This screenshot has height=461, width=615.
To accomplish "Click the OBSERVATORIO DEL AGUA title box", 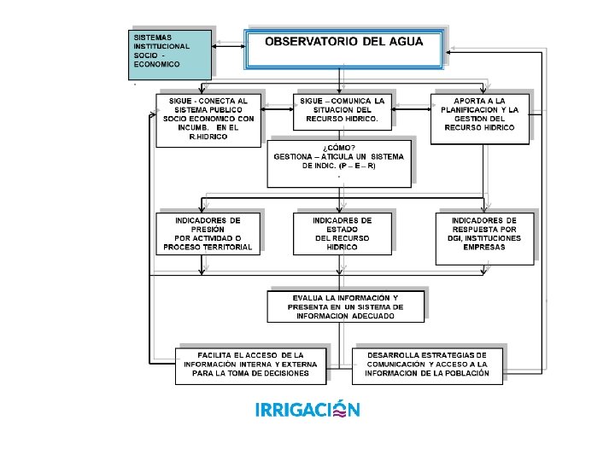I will [343, 50].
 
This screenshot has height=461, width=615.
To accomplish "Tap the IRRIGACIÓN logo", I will [307, 410].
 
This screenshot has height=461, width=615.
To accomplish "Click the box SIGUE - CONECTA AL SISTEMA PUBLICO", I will [208, 118].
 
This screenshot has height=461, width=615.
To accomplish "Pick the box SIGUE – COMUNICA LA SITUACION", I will [343, 111].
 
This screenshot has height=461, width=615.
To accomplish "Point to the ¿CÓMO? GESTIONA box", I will [339, 162].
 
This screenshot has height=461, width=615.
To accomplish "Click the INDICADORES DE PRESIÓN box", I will [208, 233].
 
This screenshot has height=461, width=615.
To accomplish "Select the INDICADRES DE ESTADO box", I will [342, 233].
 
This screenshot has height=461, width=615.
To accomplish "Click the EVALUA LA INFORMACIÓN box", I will [345, 306].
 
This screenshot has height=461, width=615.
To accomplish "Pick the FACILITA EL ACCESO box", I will [250, 365].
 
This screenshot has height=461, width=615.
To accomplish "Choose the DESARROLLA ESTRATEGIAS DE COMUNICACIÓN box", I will [427, 365].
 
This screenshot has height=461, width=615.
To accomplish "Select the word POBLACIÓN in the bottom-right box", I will [463, 373].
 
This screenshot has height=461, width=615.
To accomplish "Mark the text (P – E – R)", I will [357, 166].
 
